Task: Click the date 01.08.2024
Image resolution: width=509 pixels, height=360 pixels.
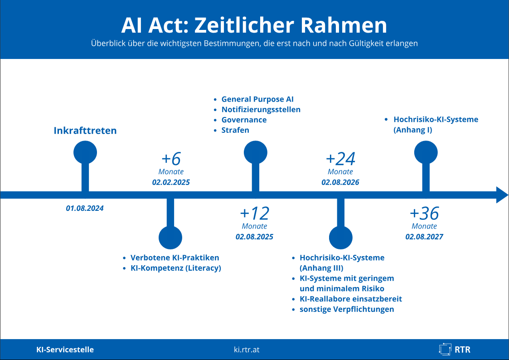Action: (x=85, y=209)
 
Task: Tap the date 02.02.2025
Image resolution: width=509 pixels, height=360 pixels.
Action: (x=171, y=182)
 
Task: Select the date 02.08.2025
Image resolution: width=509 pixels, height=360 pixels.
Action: (x=255, y=237)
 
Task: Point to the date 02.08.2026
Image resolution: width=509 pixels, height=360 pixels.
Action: (x=340, y=182)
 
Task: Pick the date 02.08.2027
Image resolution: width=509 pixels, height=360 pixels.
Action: (x=424, y=237)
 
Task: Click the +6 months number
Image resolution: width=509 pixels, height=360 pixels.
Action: (x=171, y=159)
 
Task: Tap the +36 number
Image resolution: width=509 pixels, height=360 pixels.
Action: (x=424, y=214)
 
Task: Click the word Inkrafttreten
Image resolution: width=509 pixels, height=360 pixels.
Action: (x=85, y=131)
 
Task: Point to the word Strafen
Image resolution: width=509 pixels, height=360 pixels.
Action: (x=235, y=130)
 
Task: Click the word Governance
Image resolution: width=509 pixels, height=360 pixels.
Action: (x=244, y=120)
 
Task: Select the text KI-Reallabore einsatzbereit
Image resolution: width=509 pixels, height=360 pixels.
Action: (x=350, y=299)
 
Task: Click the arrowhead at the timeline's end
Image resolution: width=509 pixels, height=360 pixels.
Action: (x=502, y=195)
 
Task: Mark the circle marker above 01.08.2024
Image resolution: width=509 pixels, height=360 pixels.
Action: (x=85, y=152)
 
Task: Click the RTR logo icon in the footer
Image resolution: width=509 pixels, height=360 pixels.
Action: (x=445, y=349)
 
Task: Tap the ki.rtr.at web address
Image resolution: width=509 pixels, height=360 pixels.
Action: (x=247, y=350)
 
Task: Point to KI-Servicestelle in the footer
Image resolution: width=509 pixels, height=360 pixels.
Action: (x=65, y=350)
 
